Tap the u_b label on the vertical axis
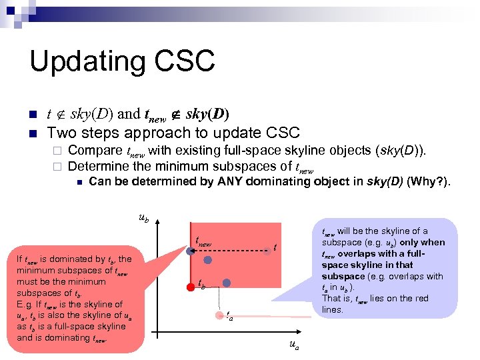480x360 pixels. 143,217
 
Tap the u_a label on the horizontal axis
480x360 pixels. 293,344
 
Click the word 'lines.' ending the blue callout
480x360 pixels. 332,309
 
